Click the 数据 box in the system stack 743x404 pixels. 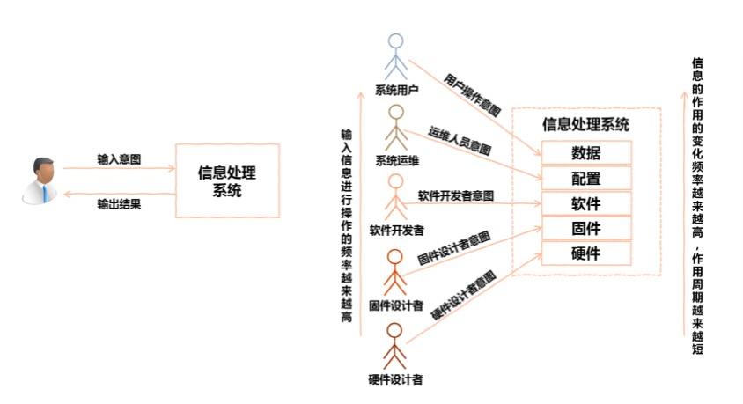point(586,152)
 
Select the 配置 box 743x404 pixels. point(586,178)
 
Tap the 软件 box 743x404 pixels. point(586,203)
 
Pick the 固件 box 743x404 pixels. point(586,229)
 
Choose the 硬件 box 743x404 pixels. point(586,253)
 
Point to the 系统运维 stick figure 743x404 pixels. point(395,128)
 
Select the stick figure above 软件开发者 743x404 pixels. point(395,197)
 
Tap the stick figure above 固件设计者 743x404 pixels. point(395,273)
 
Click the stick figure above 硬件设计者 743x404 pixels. point(394,346)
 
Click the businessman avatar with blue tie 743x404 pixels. point(40,181)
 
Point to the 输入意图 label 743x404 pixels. point(119,159)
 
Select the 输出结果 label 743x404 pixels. point(119,204)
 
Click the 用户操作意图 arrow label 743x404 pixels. point(472,95)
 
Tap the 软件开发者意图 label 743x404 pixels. point(456,195)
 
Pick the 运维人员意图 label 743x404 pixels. point(460,141)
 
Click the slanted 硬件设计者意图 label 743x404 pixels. point(463,295)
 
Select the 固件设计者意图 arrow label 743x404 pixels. point(454,248)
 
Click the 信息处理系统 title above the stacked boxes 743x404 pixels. point(585,125)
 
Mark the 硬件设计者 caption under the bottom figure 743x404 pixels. point(395,379)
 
